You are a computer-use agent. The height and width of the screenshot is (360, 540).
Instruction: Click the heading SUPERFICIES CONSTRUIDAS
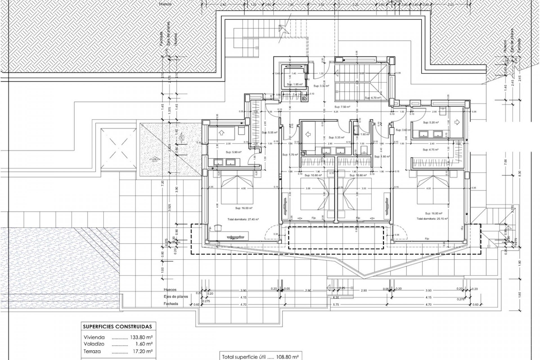[x=117, y=327]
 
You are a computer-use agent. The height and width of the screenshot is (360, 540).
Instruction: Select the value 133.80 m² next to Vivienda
[x=141, y=337]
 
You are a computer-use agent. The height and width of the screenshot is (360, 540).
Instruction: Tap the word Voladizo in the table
[x=94, y=344]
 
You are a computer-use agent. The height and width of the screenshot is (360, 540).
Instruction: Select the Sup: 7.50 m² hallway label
[x=342, y=107]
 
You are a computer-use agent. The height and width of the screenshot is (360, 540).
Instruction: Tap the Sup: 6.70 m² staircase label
[x=372, y=98]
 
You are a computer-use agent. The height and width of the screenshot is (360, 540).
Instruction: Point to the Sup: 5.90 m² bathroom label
[x=234, y=152]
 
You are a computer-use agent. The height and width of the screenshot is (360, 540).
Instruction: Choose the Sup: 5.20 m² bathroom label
[x=430, y=123]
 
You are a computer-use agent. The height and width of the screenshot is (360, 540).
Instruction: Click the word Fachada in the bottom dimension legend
[x=171, y=304]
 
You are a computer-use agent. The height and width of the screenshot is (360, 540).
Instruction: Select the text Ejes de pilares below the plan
[x=175, y=297]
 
